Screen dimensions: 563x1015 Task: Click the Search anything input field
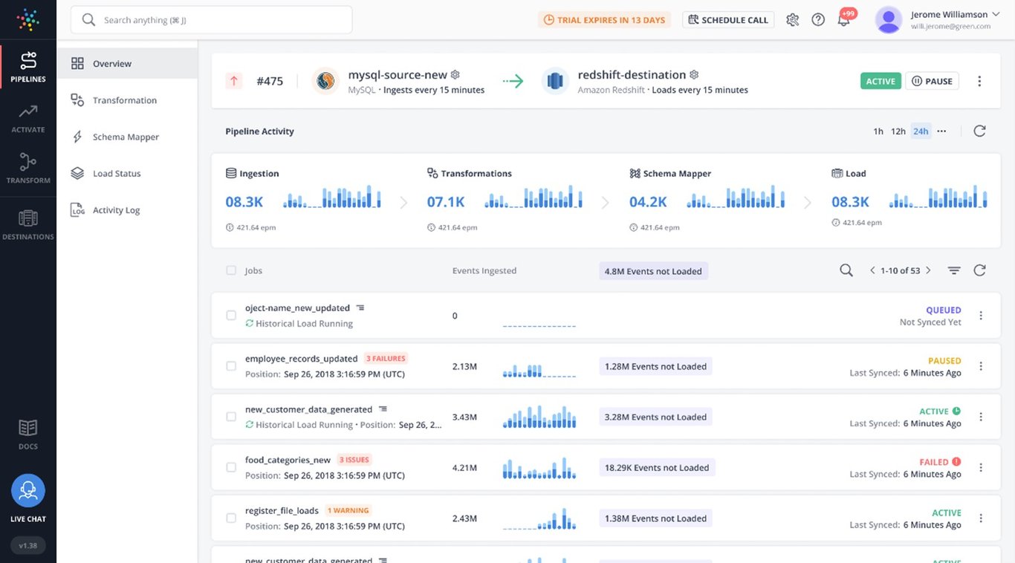coord(212,20)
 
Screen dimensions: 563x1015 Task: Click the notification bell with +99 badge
coord(843,20)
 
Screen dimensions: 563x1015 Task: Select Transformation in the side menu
coord(124,100)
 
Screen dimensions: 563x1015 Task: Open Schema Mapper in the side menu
coord(126,137)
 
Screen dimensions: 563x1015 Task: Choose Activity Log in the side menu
coord(116,210)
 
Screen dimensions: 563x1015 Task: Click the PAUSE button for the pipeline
coord(932,81)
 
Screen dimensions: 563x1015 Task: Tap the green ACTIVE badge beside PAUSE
coord(881,81)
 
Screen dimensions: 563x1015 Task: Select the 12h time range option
coord(898,131)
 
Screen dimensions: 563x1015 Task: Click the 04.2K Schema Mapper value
coord(648,201)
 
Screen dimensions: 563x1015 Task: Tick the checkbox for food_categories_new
coord(231,467)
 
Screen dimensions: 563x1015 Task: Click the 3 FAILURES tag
coord(385,359)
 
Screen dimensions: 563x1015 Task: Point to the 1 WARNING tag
coord(348,510)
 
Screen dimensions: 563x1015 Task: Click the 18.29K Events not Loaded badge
coord(657,467)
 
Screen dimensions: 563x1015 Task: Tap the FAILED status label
coord(934,462)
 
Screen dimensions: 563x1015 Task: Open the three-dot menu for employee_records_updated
coord(981,366)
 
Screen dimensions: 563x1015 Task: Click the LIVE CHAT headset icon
coord(28,491)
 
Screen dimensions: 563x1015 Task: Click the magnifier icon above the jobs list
coord(846,270)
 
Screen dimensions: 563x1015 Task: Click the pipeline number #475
coord(270,81)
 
